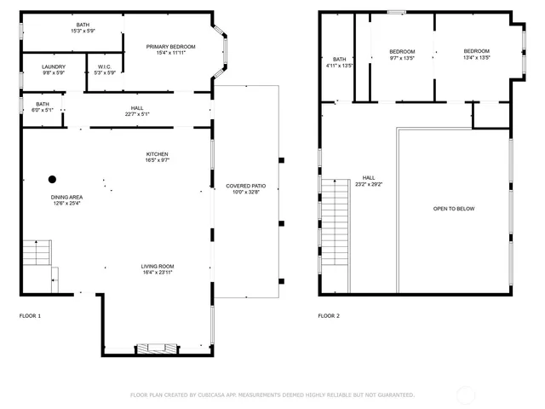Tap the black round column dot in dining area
52,179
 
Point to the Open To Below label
454,209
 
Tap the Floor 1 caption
30,315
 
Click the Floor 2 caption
329,315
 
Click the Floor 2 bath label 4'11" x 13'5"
339,62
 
